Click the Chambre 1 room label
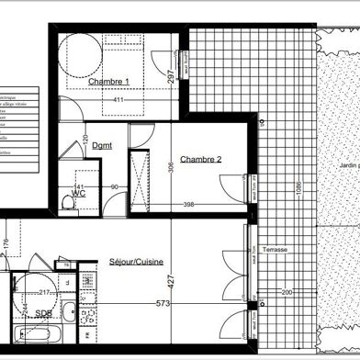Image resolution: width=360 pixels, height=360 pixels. tap(109, 82)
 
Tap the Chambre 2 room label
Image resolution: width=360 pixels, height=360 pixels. tap(201, 160)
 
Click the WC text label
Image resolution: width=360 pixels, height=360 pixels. tap(79, 194)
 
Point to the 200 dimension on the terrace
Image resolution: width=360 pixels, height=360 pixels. tap(287, 292)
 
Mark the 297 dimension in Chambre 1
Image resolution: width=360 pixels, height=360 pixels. tap(171, 77)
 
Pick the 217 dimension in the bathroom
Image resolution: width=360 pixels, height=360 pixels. tap(43, 294)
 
